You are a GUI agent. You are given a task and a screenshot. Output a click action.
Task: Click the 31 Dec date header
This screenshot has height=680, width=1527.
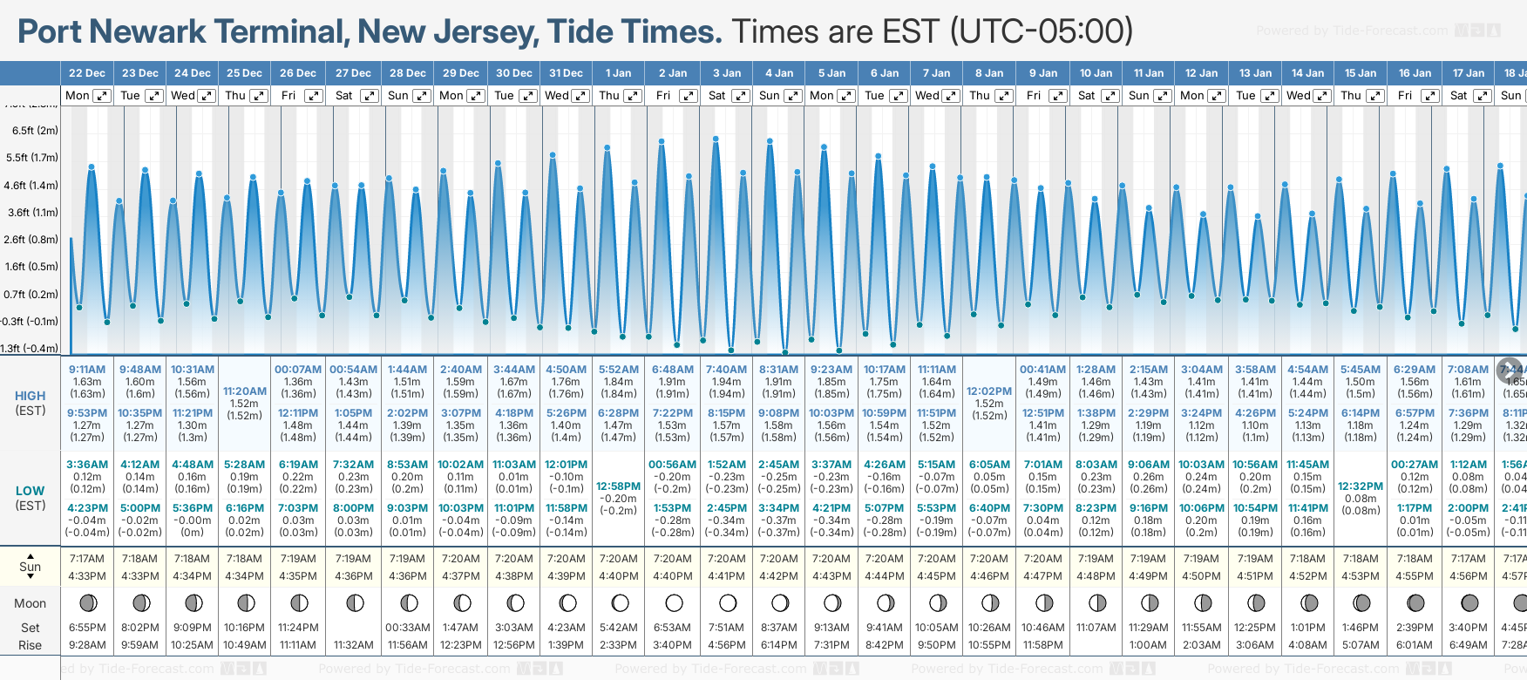tap(566, 73)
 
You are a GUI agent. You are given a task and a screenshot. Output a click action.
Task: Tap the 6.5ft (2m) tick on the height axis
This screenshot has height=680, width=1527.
tap(35, 131)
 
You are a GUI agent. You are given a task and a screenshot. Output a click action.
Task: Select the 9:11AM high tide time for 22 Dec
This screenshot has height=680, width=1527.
tap(87, 370)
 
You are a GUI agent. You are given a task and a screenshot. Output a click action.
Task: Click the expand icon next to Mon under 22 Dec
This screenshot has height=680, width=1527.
tap(102, 96)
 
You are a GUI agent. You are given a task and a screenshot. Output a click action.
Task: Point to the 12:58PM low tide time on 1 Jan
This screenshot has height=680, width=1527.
tap(618, 486)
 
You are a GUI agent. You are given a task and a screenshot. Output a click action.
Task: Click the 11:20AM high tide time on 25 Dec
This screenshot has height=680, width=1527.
tap(244, 391)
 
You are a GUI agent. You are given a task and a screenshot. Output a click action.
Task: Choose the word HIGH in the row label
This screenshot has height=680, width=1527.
tap(31, 396)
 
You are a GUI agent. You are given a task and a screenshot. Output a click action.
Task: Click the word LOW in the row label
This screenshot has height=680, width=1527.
tap(31, 491)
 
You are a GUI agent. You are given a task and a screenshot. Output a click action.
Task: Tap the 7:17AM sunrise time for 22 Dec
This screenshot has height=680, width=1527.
tap(87, 559)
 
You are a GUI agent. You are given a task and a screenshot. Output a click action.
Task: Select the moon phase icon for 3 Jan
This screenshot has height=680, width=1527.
tap(727, 602)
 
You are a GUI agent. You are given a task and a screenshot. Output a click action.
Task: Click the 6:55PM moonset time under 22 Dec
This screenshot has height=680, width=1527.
tap(87, 628)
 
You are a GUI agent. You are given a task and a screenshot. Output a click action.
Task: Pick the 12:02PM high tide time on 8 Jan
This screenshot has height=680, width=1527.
tap(989, 391)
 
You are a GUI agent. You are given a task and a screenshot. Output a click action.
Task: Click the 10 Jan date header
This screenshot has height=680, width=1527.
tap(1096, 73)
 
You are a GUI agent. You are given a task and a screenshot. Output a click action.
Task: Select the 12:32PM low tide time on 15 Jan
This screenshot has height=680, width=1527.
tap(1361, 486)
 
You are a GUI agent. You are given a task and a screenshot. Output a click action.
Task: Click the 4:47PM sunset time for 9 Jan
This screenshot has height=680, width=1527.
tap(1042, 576)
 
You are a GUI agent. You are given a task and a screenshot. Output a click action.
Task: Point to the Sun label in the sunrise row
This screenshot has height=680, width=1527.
tap(31, 567)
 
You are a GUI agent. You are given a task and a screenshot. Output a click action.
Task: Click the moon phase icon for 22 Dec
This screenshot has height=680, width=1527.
tap(87, 602)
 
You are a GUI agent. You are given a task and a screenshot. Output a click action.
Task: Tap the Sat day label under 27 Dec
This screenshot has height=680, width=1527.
tap(344, 96)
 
